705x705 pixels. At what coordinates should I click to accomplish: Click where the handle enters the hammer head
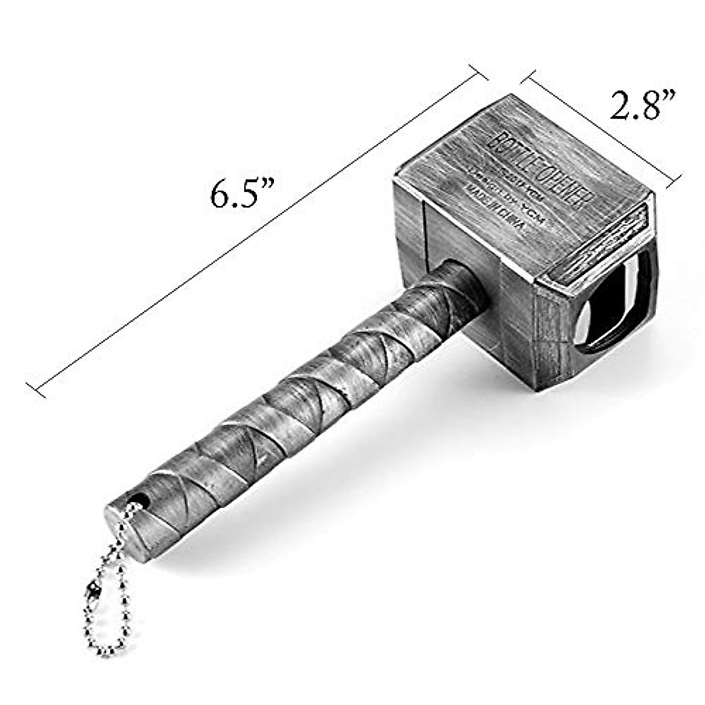coord(464,288)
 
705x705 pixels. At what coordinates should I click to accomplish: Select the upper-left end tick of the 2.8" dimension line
coord(527,80)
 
